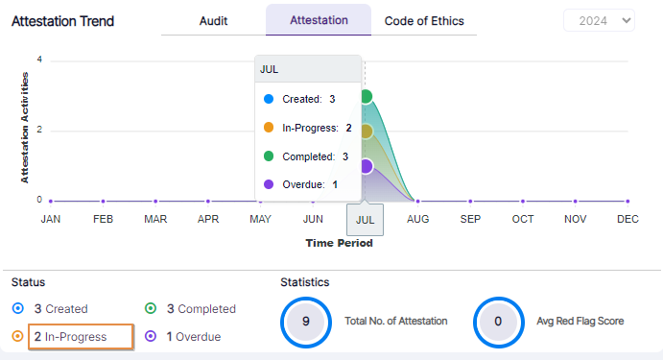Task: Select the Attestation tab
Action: click(x=319, y=20)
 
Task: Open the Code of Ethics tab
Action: click(x=424, y=20)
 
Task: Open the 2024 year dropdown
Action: click(x=599, y=21)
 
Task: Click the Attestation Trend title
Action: click(x=62, y=21)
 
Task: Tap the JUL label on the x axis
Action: click(x=365, y=219)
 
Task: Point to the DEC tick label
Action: click(x=627, y=219)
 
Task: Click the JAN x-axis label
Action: click(x=51, y=219)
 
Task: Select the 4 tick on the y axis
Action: click(x=39, y=60)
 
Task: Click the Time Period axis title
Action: click(x=339, y=243)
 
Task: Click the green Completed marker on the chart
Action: click(x=366, y=96)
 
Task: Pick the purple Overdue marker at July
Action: click(x=366, y=166)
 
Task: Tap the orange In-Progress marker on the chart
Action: click(x=366, y=132)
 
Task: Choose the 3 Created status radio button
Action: click(x=18, y=309)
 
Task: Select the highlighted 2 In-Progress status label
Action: click(x=81, y=337)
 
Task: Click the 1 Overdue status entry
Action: click(x=192, y=337)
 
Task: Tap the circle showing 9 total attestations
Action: click(x=305, y=322)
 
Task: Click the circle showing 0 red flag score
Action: click(x=498, y=322)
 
